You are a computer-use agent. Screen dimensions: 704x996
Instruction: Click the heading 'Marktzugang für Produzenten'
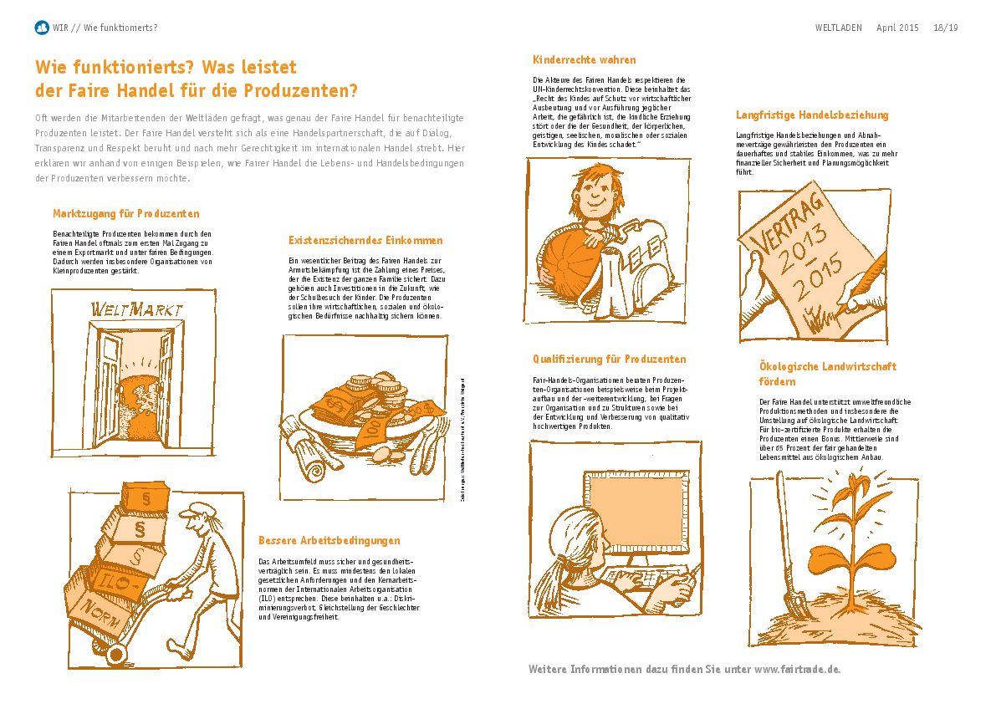click(125, 213)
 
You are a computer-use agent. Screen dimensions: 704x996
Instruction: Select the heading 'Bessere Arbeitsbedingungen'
click(329, 540)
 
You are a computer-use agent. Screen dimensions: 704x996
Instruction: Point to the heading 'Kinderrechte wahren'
click(584, 60)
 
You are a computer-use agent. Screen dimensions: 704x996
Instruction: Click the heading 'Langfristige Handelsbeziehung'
click(812, 115)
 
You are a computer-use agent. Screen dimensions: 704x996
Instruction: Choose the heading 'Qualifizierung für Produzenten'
click(609, 360)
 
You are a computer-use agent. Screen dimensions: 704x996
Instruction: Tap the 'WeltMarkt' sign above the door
click(136, 309)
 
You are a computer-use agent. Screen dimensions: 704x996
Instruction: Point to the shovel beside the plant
click(786, 552)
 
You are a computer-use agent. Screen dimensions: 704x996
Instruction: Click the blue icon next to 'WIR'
click(42, 28)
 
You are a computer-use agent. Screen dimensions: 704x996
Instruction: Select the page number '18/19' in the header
click(946, 28)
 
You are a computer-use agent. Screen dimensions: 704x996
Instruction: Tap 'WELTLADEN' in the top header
click(838, 28)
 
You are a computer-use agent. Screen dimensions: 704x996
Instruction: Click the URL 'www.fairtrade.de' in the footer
click(797, 669)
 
